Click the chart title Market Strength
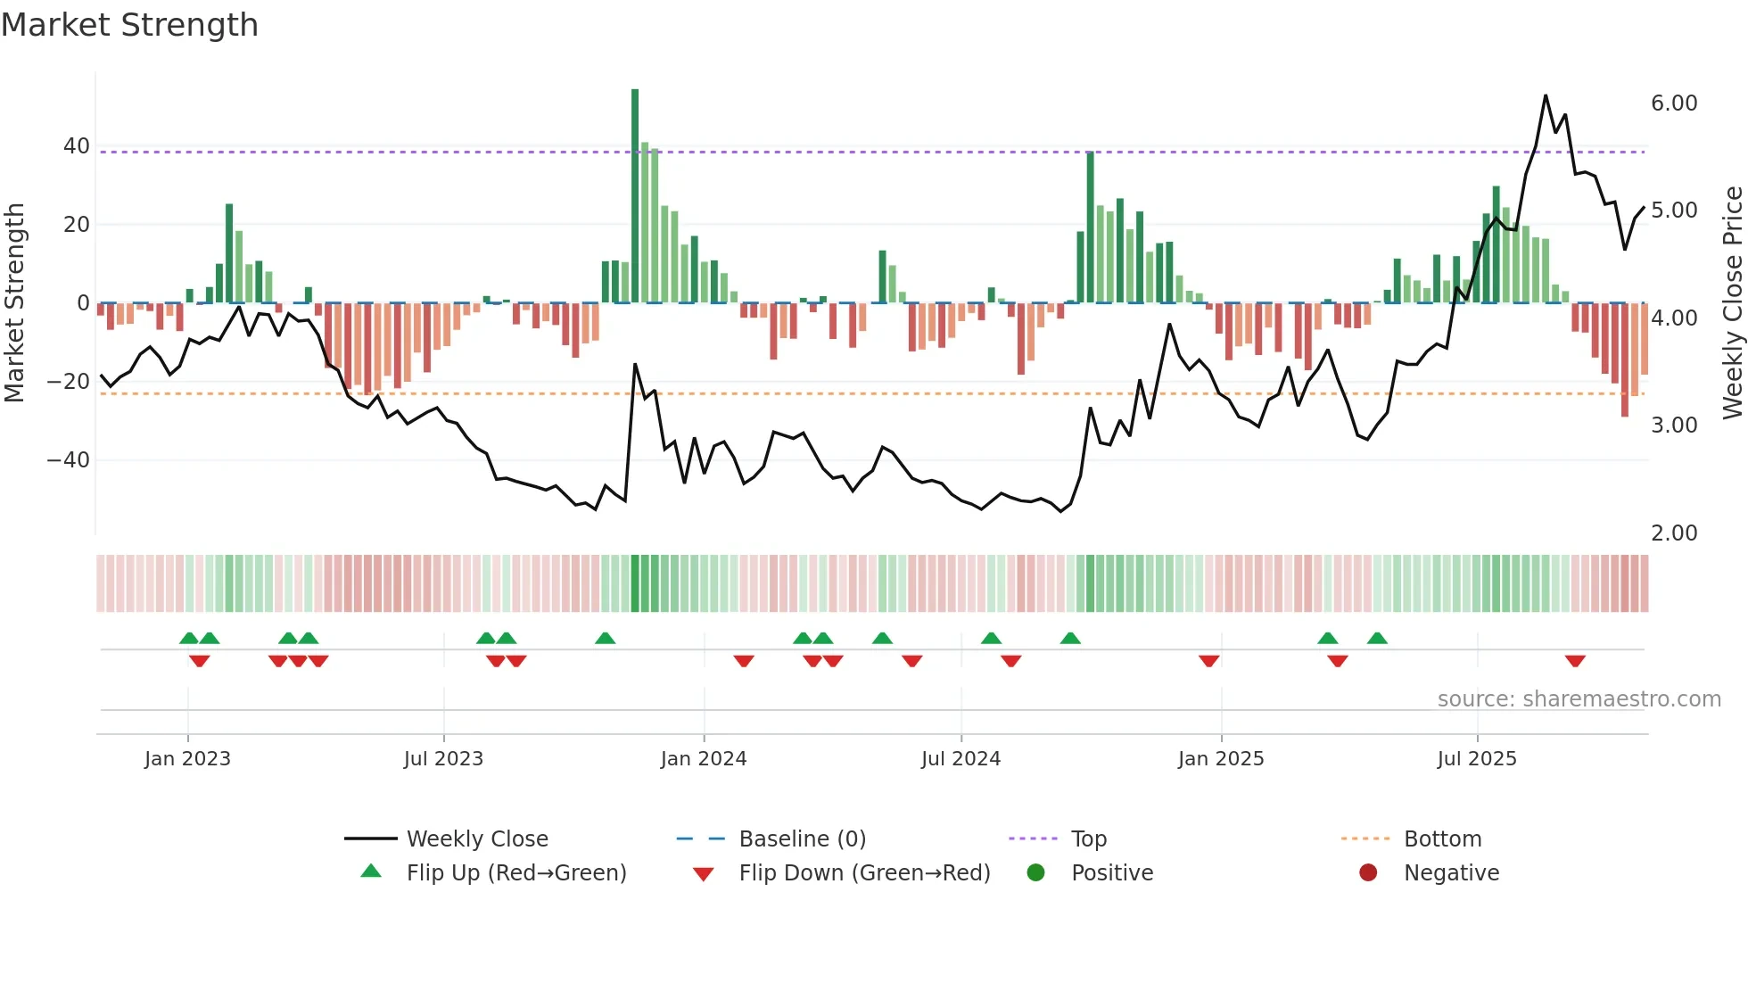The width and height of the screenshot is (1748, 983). tap(129, 25)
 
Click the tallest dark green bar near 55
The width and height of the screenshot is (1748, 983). tap(635, 196)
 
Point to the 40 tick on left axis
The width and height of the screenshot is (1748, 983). tap(77, 146)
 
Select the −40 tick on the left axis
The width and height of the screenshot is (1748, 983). tap(69, 460)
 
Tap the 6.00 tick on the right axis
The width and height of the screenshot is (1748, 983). tap(1674, 103)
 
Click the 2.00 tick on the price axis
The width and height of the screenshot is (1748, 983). tap(1674, 533)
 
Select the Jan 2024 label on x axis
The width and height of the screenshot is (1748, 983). tap(704, 759)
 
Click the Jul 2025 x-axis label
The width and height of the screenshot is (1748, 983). tap(1477, 759)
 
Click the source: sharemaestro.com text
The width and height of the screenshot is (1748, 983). tap(1579, 699)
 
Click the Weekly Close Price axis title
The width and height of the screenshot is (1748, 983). tap(1732, 303)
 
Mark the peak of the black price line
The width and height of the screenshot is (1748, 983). tap(1546, 95)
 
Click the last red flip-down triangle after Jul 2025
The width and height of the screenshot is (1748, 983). tap(1575, 661)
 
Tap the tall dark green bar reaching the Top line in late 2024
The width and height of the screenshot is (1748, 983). tap(1090, 227)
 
